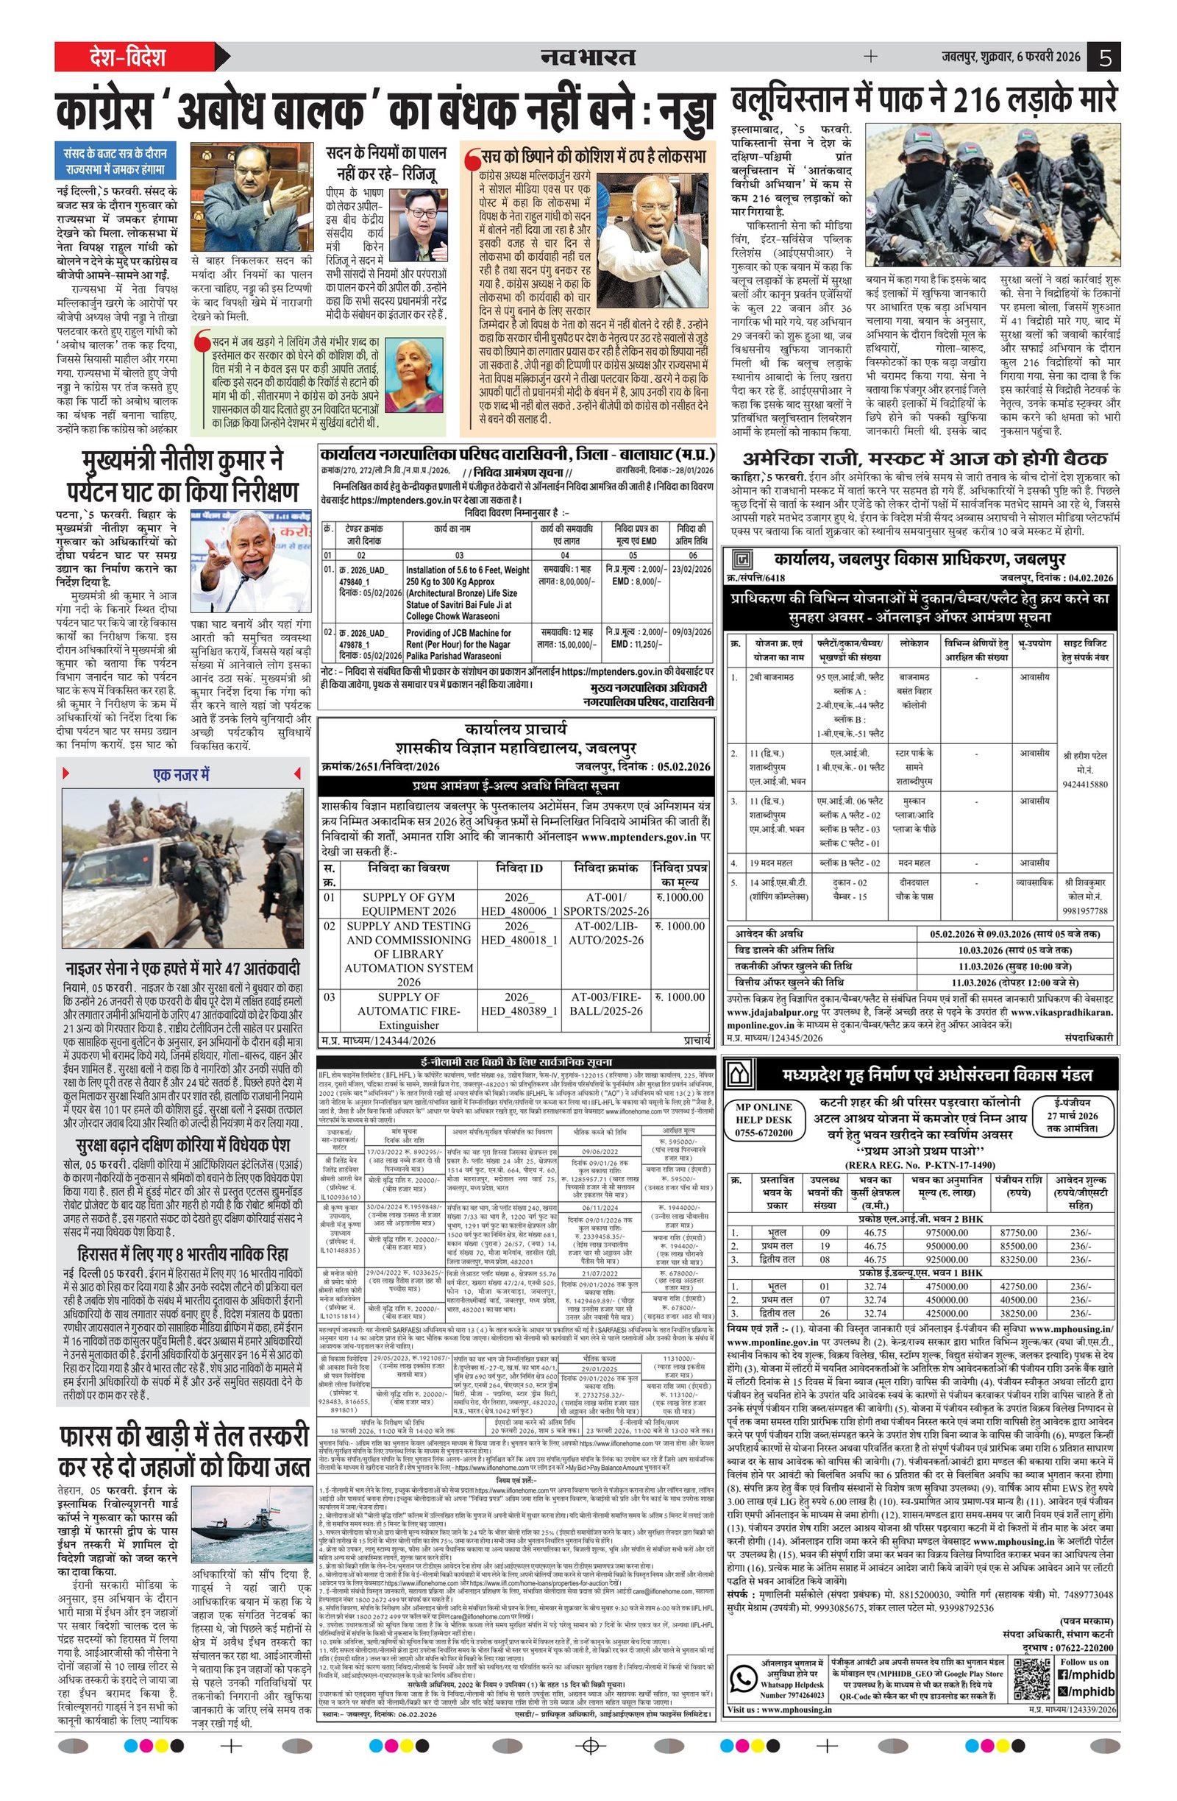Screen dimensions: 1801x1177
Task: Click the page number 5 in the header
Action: coord(1104,57)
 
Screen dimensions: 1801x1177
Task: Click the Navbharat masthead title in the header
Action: coord(588,57)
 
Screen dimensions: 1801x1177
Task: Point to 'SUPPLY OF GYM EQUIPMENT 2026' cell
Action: coord(408,904)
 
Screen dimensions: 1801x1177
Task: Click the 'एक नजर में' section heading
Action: coord(182,774)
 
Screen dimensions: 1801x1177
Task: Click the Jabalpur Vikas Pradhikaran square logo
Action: coord(743,560)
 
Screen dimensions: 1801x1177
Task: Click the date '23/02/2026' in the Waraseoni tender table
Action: coord(691,569)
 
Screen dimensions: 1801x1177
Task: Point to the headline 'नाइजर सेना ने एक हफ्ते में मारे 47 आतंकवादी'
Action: coord(183,968)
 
